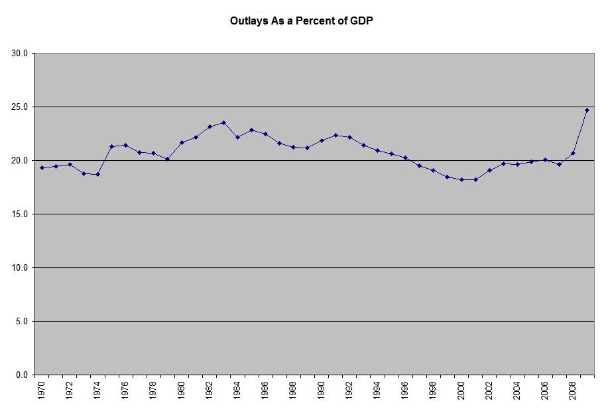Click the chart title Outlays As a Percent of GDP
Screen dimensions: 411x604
click(302, 21)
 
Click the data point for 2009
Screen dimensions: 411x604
click(587, 110)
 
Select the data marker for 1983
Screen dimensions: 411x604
click(223, 122)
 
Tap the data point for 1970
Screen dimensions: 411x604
click(42, 167)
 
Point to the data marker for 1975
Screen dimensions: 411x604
click(111, 146)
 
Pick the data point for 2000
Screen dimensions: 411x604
click(461, 179)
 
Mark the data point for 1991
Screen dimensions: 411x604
click(335, 135)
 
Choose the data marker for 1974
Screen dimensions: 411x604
click(97, 174)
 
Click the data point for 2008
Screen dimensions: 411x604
click(573, 153)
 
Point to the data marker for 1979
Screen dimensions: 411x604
click(168, 159)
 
